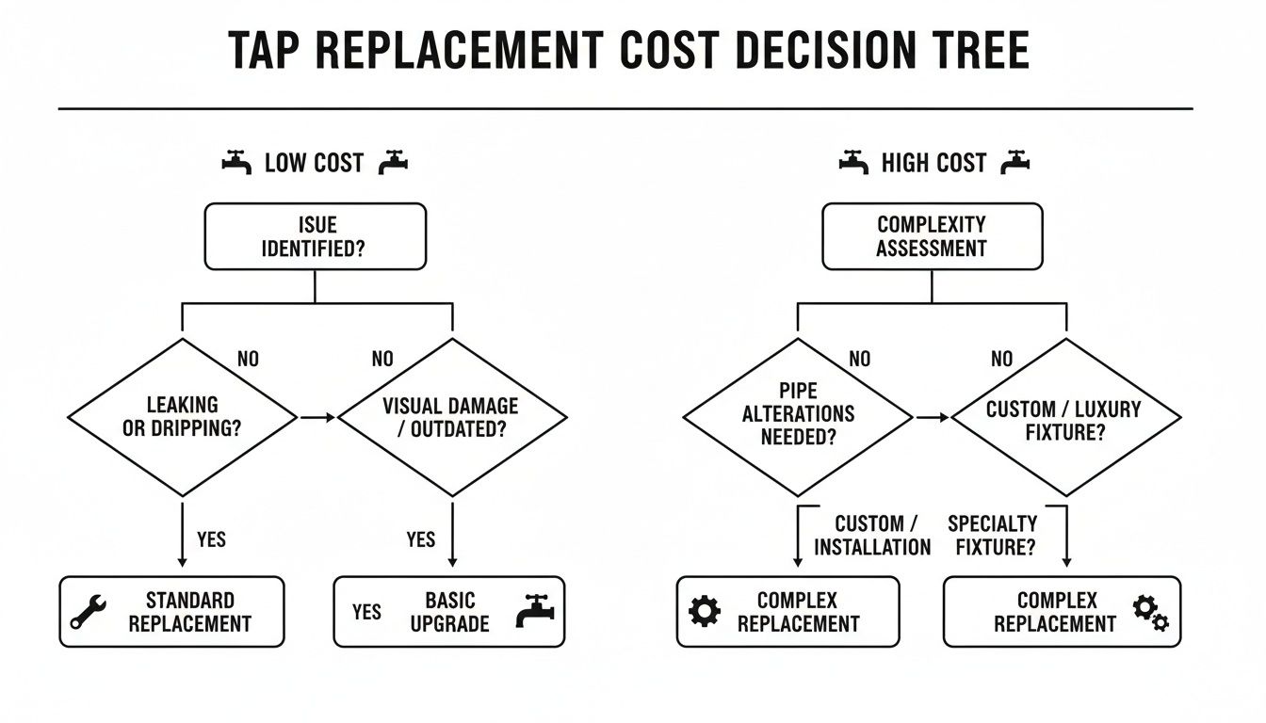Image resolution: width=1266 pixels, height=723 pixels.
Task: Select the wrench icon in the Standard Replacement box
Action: [x=89, y=612]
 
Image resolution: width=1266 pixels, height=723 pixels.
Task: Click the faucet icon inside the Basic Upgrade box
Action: [x=535, y=611]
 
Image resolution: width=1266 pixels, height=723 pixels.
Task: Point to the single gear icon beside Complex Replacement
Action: [x=705, y=611]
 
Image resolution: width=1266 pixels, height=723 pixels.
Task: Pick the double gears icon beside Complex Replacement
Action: [x=1150, y=611]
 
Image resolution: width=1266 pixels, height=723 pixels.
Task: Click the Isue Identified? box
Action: [x=316, y=236]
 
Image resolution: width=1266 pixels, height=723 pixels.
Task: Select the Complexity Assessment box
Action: [x=932, y=236]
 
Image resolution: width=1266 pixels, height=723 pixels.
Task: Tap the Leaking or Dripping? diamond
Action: [x=183, y=417]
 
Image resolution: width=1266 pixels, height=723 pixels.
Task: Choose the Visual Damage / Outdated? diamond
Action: [x=451, y=417]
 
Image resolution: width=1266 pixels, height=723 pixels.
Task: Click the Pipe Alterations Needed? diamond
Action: [x=798, y=417]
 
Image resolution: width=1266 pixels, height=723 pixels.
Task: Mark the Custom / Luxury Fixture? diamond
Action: [x=1066, y=417]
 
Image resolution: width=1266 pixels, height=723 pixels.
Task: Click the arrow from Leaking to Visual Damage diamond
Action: [x=317, y=417]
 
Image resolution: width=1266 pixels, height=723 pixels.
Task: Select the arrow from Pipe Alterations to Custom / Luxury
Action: [x=932, y=417]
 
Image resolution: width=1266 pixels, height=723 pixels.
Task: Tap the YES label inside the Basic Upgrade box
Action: [x=366, y=612]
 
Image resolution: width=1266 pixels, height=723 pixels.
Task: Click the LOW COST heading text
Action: [x=314, y=163]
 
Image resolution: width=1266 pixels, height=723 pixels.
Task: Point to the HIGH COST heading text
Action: [x=933, y=163]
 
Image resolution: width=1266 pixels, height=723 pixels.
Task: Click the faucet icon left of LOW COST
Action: [x=237, y=163]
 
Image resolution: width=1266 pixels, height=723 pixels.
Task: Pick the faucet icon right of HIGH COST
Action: [x=1014, y=163]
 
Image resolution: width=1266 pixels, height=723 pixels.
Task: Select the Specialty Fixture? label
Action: [x=993, y=535]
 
